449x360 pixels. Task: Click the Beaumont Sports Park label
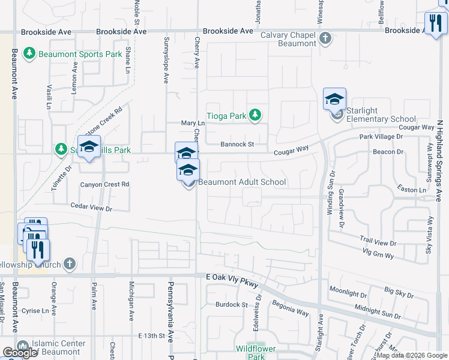click(x=80, y=54)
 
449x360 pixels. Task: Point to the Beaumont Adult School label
click(x=242, y=182)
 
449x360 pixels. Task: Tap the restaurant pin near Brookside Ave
click(x=435, y=24)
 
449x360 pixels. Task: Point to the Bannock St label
click(x=237, y=144)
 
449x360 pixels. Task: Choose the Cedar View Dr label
click(x=92, y=208)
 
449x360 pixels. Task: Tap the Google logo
click(x=20, y=353)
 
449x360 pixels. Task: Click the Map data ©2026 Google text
click(x=412, y=355)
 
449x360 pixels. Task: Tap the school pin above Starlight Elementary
click(x=334, y=100)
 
